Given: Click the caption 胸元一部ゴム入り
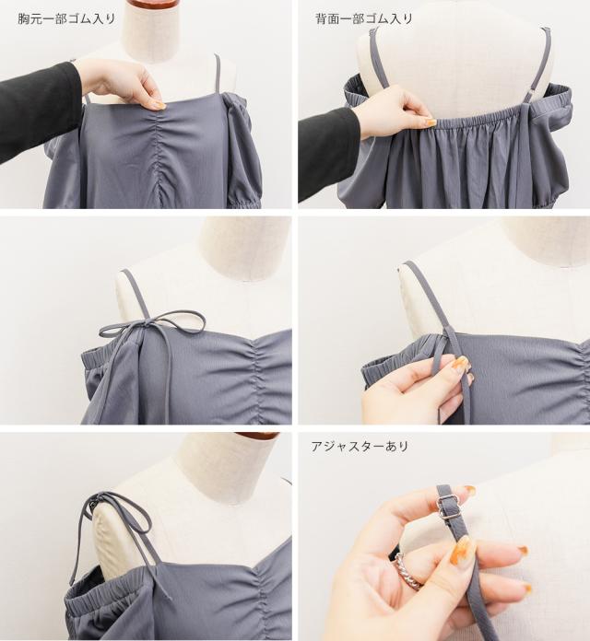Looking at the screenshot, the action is tap(66, 18).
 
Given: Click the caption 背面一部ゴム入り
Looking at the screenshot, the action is tap(364, 18).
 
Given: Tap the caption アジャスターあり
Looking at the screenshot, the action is tap(360, 446).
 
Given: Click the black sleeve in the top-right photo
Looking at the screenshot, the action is tap(327, 153).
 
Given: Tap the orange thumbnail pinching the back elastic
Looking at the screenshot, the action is tap(430, 122).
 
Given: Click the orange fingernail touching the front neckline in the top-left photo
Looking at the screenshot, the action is tap(159, 106).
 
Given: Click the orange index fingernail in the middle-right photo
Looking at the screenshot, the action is tap(461, 362).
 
